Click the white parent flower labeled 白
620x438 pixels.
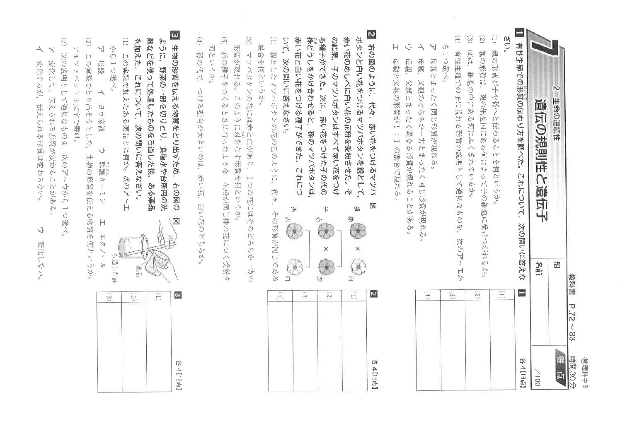[356, 267]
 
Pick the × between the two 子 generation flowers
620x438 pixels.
[325, 249]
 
